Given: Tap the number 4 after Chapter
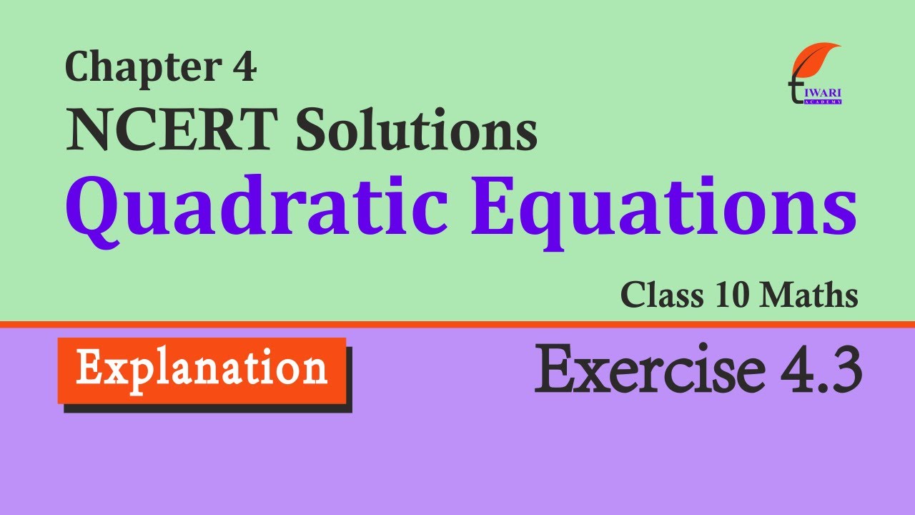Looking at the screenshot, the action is (x=244, y=67).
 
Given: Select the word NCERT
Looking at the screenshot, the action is (x=171, y=129).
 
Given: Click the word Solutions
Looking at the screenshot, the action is (x=416, y=128).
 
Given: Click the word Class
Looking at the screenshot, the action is (x=662, y=295).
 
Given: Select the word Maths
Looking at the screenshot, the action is (x=809, y=295).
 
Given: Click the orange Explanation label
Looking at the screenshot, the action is (x=202, y=371).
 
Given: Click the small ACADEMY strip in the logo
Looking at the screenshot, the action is (x=822, y=102).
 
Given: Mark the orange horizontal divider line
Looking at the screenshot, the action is (x=457, y=325).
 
